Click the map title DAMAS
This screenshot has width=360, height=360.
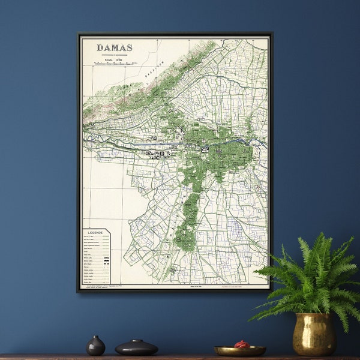coord(115,47)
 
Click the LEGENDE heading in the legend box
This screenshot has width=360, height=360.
coord(96,232)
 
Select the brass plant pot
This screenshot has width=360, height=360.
coord(314,334)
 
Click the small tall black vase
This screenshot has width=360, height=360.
coord(95,346)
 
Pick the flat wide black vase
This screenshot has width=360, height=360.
coord(136,347)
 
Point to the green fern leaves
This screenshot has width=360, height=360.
coord(306,276)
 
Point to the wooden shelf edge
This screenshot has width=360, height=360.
coord(180,357)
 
